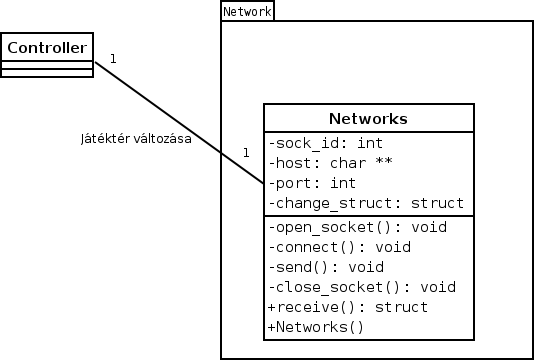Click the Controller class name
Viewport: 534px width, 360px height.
(x=47, y=46)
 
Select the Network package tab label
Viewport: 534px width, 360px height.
(x=247, y=11)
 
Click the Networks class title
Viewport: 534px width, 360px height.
(x=367, y=118)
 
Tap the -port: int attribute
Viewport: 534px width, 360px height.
(x=312, y=184)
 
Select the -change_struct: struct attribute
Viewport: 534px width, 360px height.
(x=365, y=204)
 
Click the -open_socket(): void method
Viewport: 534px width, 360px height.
(x=356, y=226)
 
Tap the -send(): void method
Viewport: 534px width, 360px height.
(x=326, y=267)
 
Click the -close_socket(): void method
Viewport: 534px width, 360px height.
(x=361, y=287)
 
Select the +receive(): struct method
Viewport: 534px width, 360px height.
(x=347, y=307)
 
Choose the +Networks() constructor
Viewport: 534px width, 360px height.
(x=315, y=327)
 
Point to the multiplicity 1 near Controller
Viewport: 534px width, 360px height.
(x=112, y=59)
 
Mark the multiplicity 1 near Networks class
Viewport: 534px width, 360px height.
(x=245, y=153)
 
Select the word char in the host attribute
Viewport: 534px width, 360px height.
(x=346, y=163)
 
